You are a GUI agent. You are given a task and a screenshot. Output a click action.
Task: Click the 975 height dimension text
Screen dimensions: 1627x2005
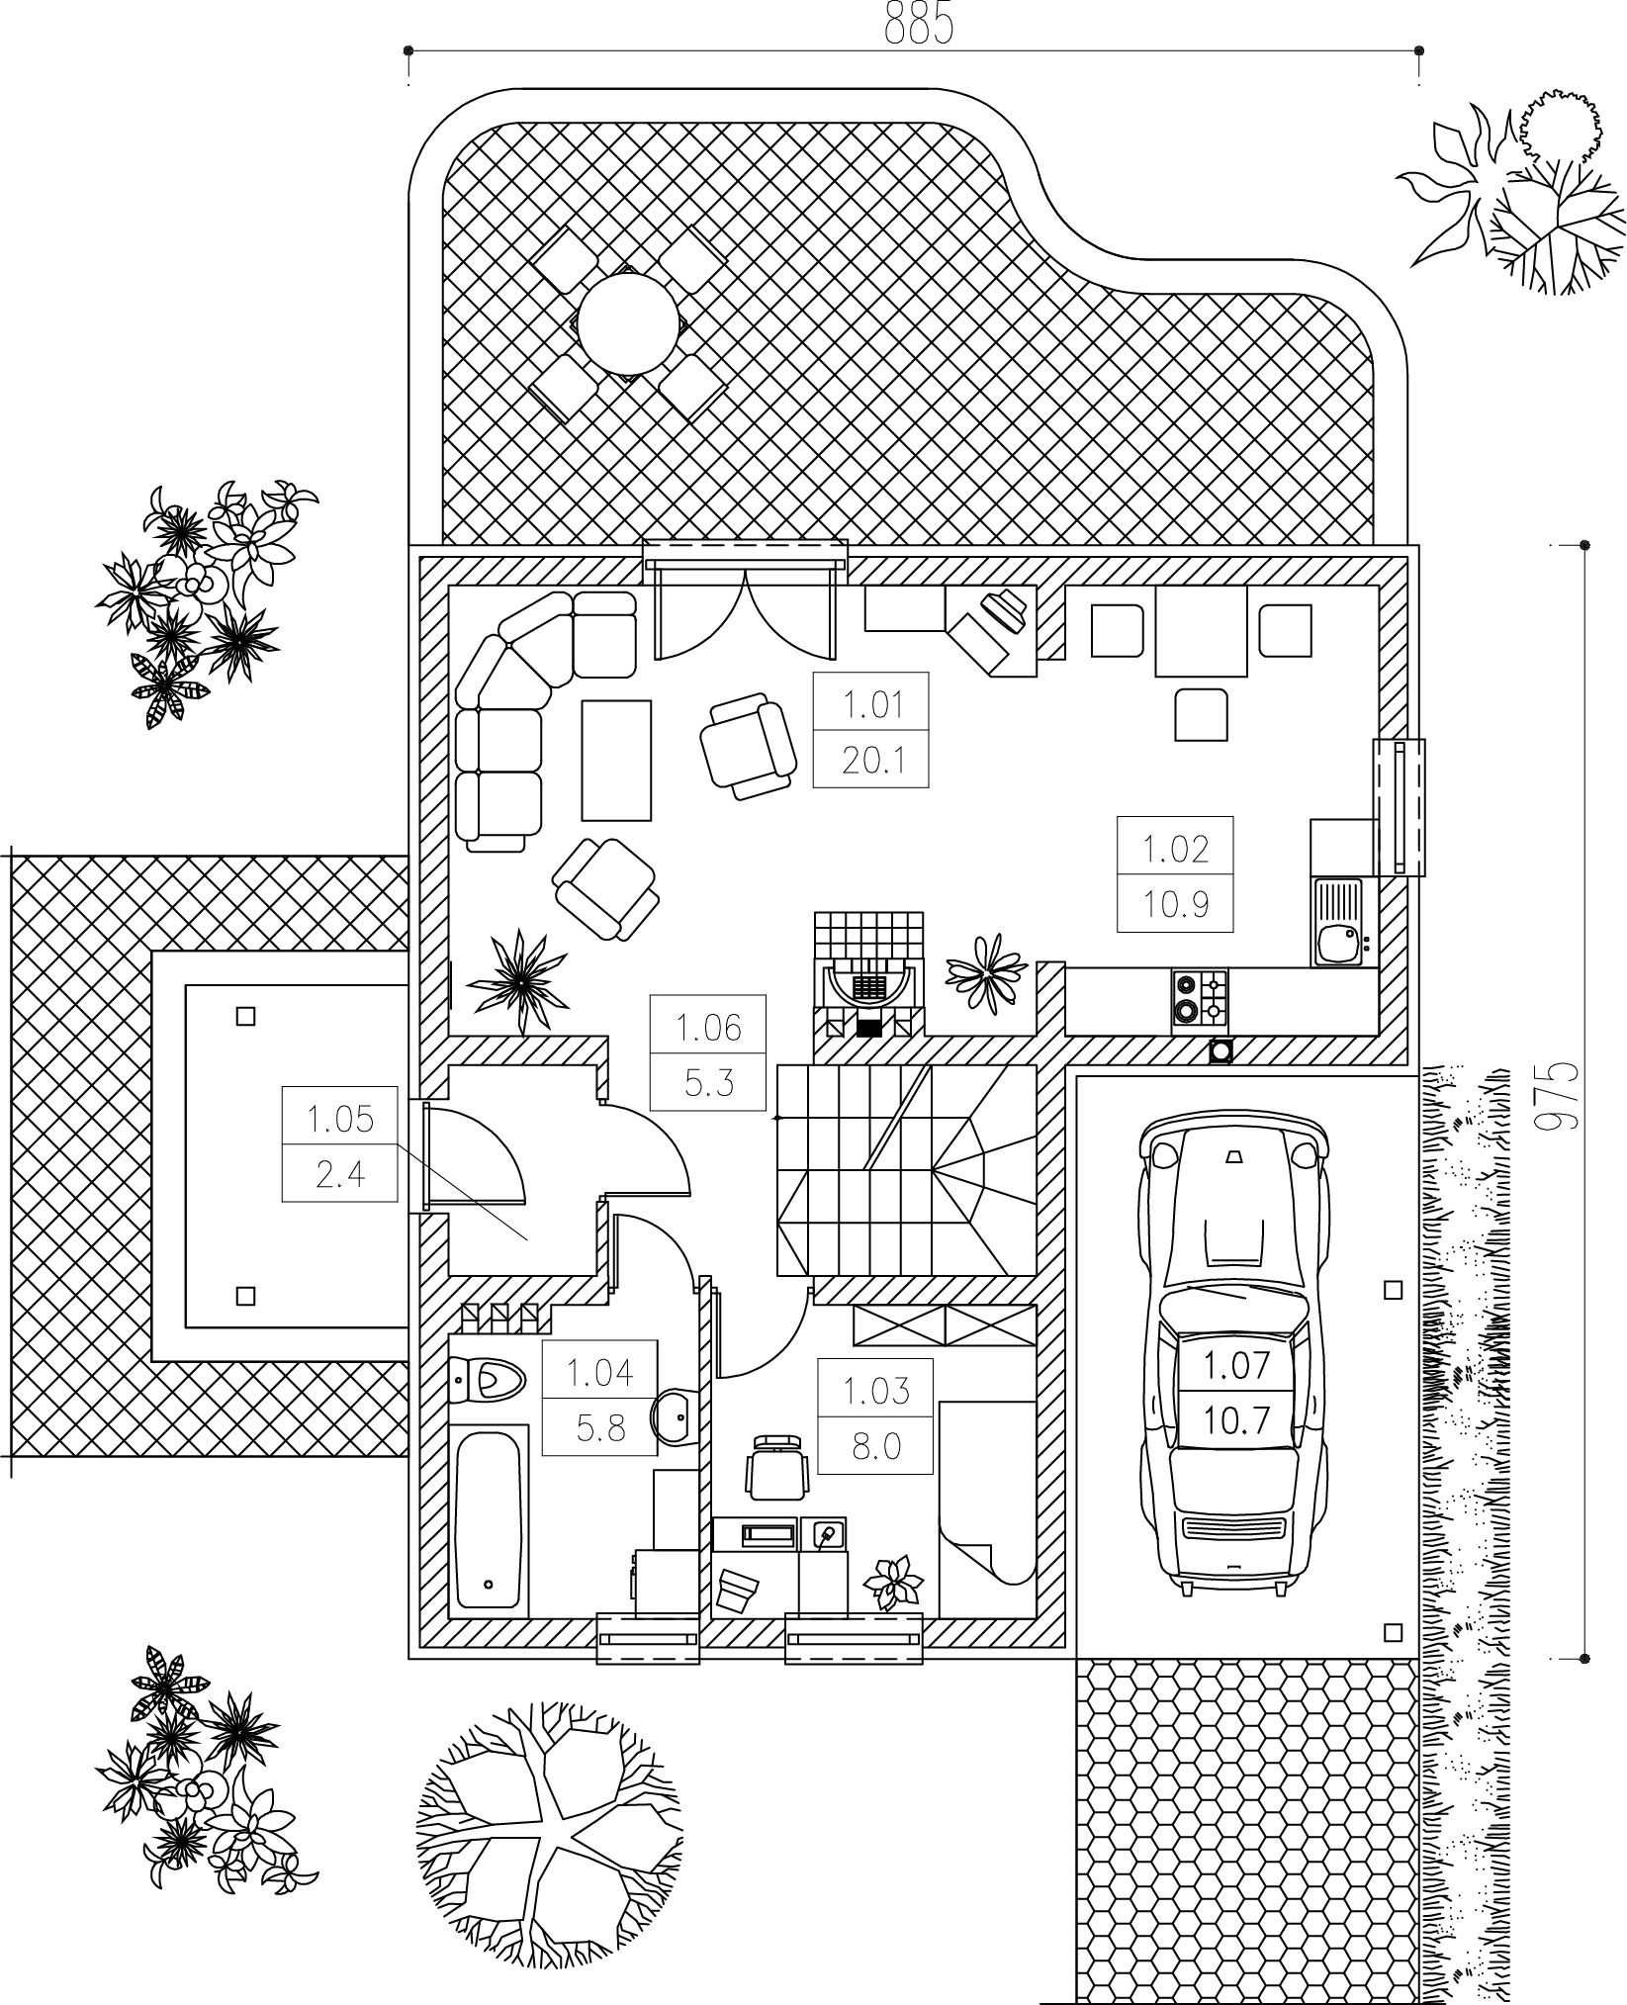(1557, 1099)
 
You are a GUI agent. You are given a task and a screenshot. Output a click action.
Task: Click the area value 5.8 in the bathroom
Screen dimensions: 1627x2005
(600, 1427)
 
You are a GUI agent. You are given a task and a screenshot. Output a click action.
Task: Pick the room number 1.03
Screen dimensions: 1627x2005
(875, 1391)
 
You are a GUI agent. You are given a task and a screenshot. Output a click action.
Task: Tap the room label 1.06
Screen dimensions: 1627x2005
(708, 1028)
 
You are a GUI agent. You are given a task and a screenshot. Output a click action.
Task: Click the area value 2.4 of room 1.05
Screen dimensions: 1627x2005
(340, 1174)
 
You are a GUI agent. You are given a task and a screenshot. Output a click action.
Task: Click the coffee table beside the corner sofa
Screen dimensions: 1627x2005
(617, 760)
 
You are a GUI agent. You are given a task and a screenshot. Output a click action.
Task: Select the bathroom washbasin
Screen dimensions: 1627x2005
(677, 1418)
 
